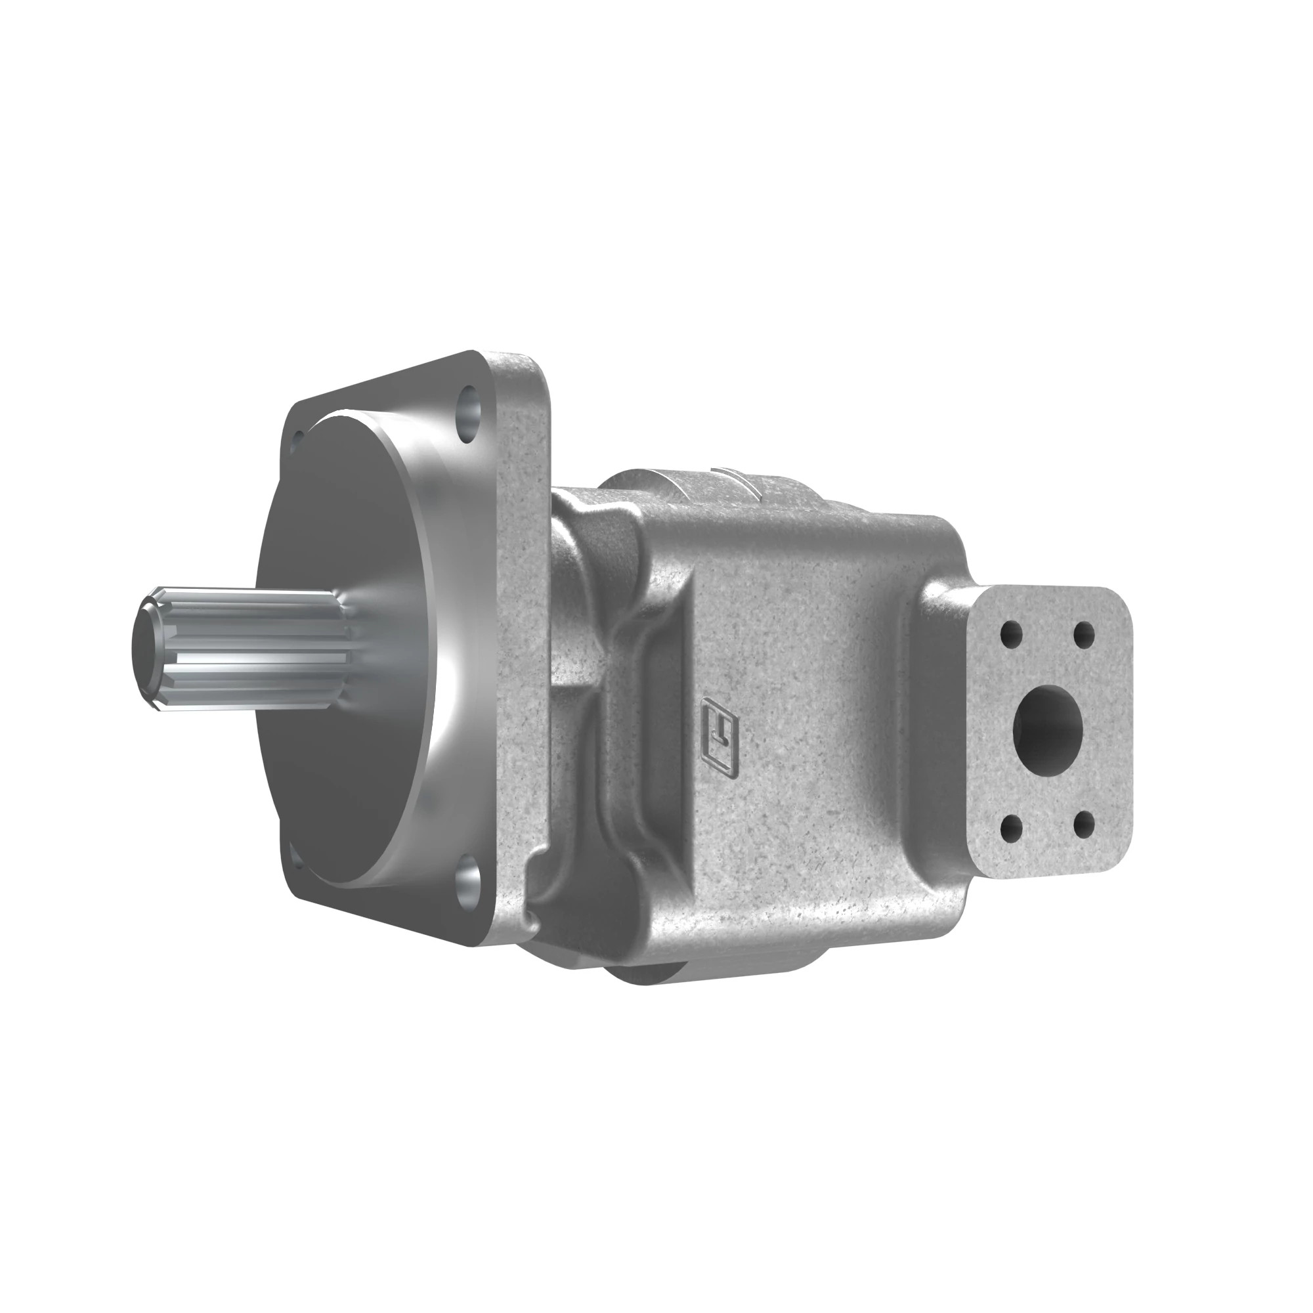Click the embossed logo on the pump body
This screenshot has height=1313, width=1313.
(721, 741)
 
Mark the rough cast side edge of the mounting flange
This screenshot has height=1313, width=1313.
(523, 612)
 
